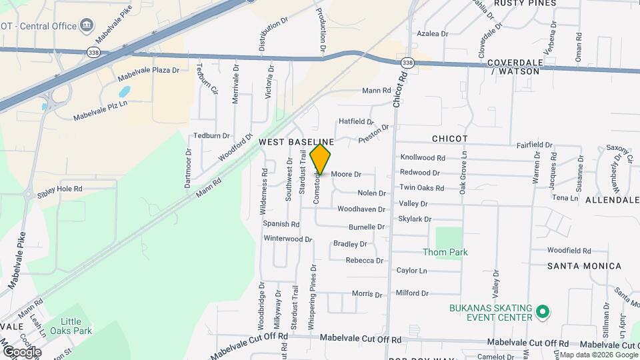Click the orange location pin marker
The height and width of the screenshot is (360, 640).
coord(321,159)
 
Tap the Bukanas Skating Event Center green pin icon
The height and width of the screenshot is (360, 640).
coord(542,311)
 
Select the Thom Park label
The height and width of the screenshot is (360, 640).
coord(445,252)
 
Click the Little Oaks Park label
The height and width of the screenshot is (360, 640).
coord(76,326)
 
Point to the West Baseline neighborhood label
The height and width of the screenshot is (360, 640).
coord(296,142)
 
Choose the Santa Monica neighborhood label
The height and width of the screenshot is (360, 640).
coord(584,266)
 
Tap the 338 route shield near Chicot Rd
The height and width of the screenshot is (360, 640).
coord(407,62)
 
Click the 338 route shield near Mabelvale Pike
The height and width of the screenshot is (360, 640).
coord(93,51)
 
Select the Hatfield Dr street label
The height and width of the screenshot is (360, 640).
coord(356,121)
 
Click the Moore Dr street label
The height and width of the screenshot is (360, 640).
coord(346,174)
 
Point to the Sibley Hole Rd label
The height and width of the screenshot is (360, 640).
coord(60,189)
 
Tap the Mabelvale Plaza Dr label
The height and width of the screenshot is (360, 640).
coord(148,70)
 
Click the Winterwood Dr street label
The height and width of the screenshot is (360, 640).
coord(288,238)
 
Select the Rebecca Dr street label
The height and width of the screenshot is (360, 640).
coord(364,260)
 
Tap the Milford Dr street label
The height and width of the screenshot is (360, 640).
coord(411,293)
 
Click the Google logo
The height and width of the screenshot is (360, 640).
coord(21,352)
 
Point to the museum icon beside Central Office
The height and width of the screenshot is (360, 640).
coord(87,26)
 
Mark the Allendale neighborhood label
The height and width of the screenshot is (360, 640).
coord(612,200)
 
